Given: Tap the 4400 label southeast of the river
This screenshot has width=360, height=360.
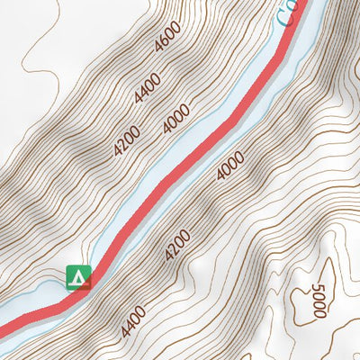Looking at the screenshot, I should pyautogui.click(x=133, y=315).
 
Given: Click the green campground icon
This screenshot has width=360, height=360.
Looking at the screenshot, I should pyautogui.click(x=79, y=277).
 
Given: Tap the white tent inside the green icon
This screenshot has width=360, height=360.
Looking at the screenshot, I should pyautogui.click(x=79, y=277).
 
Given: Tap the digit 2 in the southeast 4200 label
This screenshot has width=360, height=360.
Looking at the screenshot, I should pyautogui.click(x=175, y=249).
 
